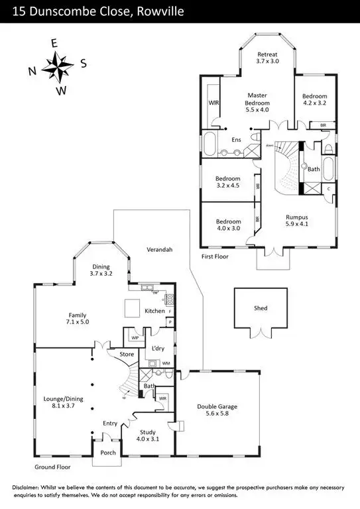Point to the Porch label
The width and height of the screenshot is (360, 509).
(107, 453)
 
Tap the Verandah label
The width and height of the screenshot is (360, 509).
(159, 250)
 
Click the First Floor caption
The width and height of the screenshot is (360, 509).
(217, 255)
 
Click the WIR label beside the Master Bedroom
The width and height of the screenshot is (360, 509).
(214, 103)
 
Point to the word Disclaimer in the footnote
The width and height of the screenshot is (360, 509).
(29, 487)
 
